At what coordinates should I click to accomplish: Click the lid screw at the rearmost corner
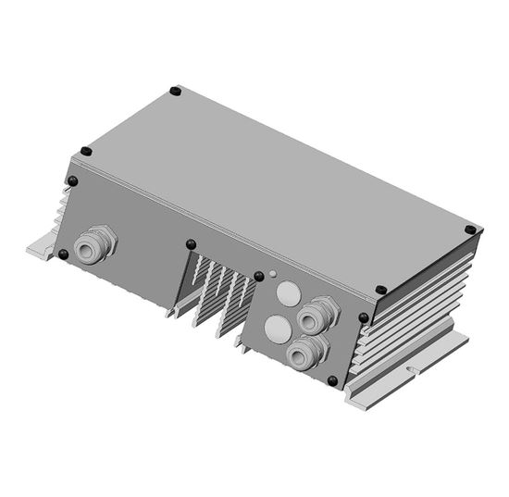[176, 92]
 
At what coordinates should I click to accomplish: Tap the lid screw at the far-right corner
[470, 229]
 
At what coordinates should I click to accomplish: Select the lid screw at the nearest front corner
[379, 291]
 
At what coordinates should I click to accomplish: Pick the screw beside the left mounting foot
[63, 254]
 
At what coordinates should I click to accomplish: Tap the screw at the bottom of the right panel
[332, 380]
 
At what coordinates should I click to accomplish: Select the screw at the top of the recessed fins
[192, 244]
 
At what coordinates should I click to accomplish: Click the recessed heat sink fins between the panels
[217, 292]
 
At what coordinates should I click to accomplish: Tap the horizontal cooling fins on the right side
[416, 305]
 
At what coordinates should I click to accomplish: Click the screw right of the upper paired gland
[363, 317]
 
